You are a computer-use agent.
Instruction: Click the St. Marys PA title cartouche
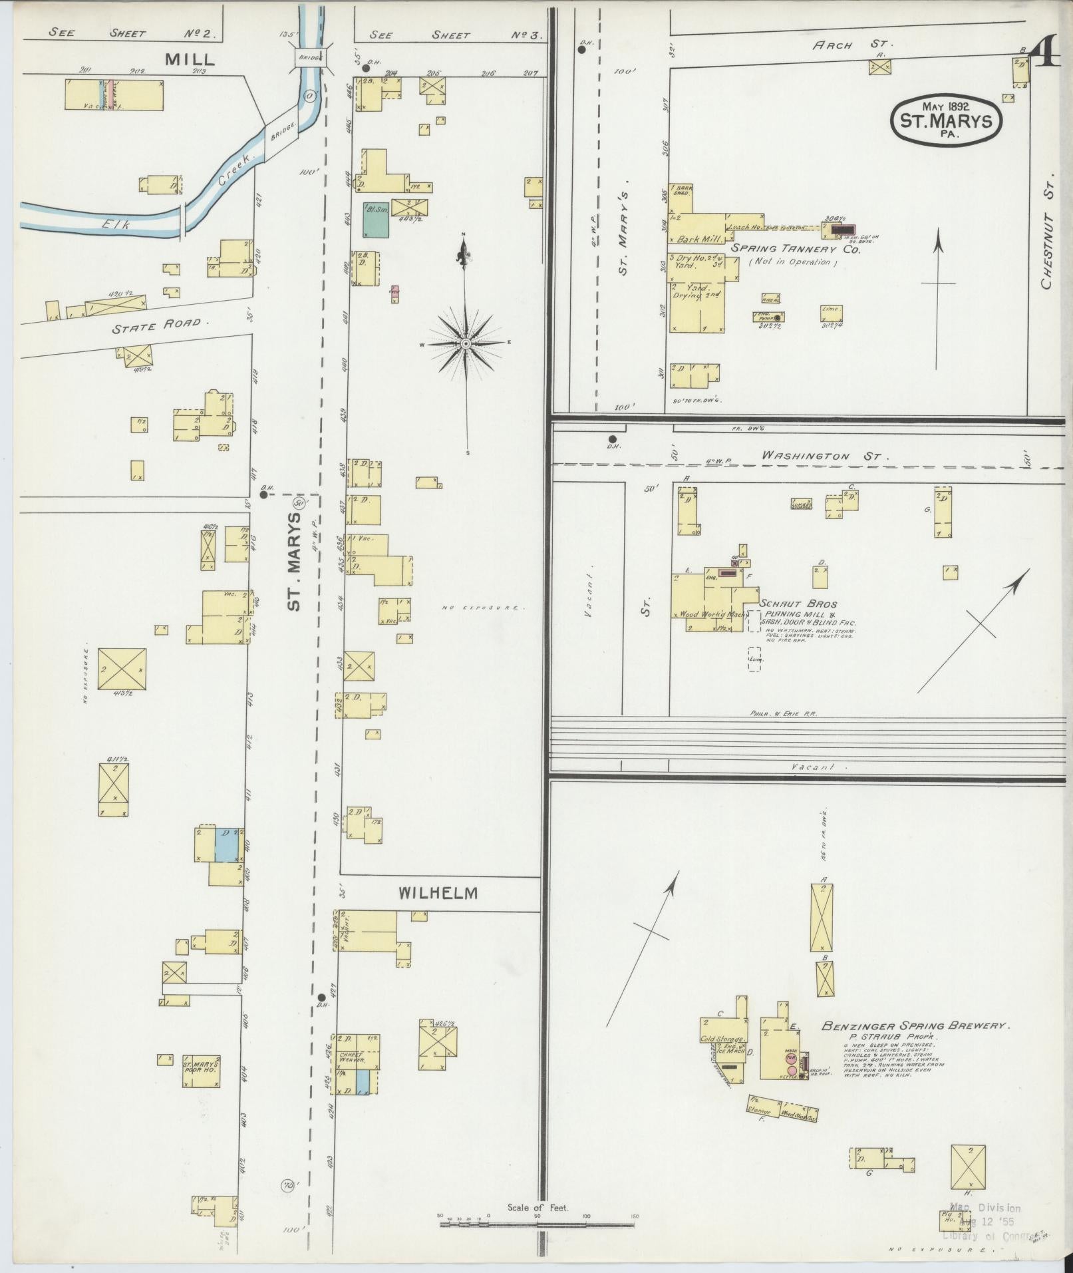[946, 118]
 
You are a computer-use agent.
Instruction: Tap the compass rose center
[466, 343]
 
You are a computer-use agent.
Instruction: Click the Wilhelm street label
[438, 893]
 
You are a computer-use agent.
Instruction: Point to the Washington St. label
[824, 456]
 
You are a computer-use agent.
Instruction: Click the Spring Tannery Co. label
[796, 250]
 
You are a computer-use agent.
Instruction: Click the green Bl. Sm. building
[375, 220]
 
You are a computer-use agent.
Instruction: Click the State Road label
[156, 325]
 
